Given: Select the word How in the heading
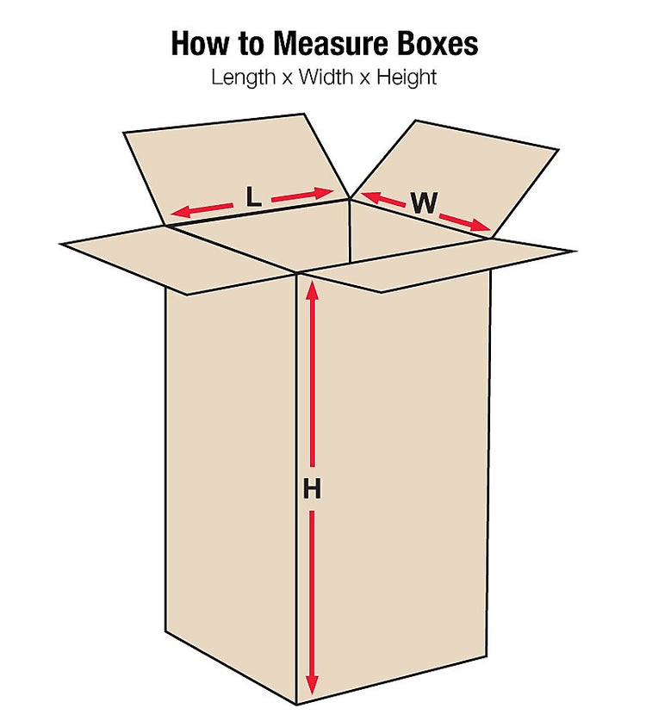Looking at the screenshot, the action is [201, 44].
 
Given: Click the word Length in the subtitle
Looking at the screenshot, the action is [244, 77].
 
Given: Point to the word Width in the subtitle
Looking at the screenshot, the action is [326, 77].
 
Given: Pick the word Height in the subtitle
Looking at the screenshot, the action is [407, 77].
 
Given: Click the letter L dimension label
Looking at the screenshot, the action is [254, 196].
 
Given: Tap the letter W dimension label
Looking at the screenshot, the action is [425, 202].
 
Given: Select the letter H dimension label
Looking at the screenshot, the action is [312, 488].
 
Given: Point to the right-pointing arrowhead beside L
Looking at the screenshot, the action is [326, 192].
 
